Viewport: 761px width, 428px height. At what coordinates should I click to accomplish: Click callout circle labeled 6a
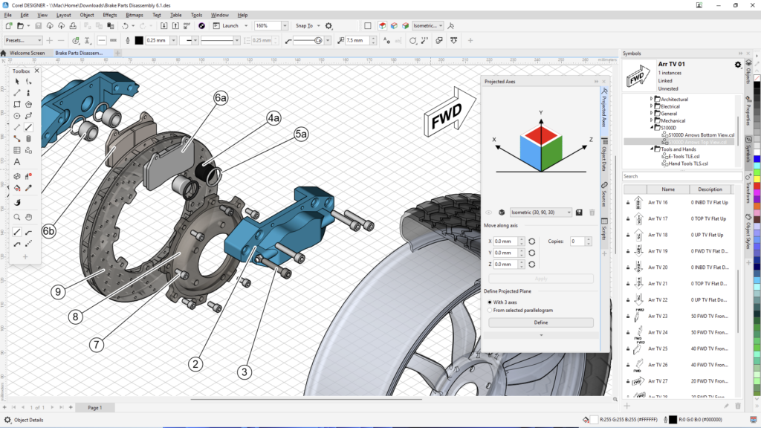pos(221,97)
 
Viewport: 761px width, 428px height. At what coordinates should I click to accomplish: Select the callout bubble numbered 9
pos(57,292)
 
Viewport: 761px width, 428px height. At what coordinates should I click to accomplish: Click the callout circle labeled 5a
pos(301,134)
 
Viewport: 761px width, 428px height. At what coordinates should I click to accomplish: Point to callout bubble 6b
pos(48,231)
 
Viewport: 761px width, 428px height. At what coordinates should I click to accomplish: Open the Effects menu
pos(110,15)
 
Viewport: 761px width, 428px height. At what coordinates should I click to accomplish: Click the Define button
pos(540,322)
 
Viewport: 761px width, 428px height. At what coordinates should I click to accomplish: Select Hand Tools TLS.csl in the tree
pos(688,163)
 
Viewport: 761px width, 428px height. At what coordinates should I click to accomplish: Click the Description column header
pos(710,189)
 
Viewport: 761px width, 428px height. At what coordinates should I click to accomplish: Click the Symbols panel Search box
pos(680,176)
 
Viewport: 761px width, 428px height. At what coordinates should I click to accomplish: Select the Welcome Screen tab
pos(27,53)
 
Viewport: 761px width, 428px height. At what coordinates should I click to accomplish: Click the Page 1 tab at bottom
pos(94,408)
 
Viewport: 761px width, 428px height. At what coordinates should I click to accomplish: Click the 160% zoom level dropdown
pos(271,25)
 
